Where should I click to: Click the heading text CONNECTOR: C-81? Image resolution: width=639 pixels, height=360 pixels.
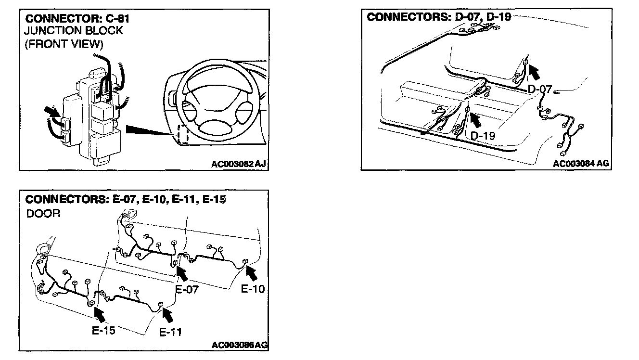77,19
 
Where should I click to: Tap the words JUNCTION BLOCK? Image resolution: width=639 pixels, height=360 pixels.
73,31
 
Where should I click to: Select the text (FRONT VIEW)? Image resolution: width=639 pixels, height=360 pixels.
64,44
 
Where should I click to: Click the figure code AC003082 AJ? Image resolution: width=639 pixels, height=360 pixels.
239,164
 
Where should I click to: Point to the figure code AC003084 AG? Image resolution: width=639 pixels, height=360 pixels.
581,163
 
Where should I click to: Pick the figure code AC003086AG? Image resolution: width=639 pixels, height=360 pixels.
240,345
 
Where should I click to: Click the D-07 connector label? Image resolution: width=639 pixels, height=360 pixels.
539,89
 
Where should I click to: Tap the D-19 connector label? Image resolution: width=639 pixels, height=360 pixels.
483,136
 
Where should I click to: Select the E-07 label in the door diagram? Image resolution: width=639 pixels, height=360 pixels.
187,289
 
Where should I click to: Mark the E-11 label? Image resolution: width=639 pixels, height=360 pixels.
170,332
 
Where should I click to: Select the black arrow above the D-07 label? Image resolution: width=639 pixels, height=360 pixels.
534,73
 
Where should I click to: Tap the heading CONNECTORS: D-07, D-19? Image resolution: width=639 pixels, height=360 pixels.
439,17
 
